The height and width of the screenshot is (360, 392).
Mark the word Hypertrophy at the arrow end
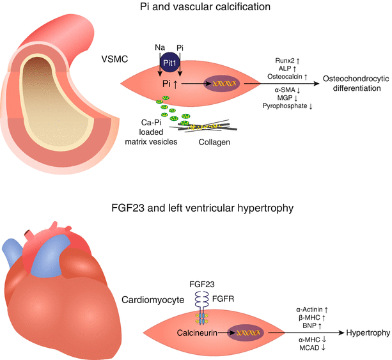368,333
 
